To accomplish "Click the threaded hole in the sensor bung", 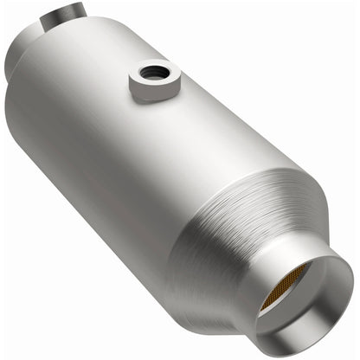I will click(155, 69).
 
